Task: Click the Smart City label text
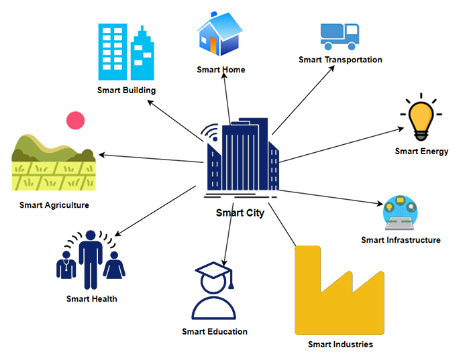point(240,213)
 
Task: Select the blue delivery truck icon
point(339,36)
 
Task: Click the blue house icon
point(219,35)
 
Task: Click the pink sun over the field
point(76,121)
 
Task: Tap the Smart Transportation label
point(340,60)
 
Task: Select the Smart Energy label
point(421,151)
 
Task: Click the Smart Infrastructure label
point(401,240)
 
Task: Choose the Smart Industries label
point(340,345)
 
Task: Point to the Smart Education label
point(215,331)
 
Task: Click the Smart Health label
point(91,298)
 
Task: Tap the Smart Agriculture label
point(54,205)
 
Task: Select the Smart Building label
point(126,90)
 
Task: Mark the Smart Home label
point(221,70)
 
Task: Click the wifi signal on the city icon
point(210,133)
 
